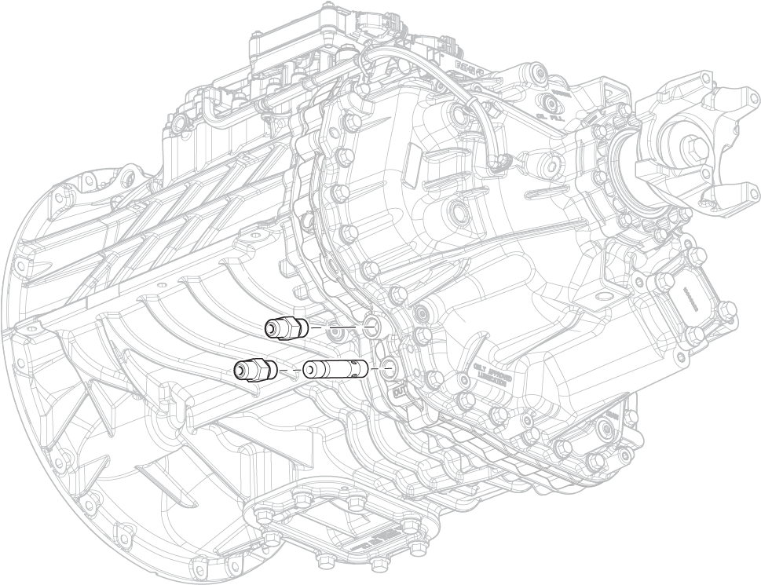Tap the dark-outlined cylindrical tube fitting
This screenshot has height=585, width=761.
coord(335,367)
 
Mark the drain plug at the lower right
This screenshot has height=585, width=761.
coord(607,428)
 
